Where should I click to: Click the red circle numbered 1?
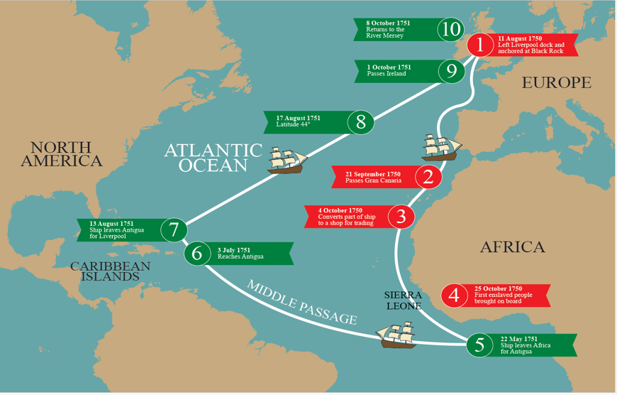pyautogui.click(x=480, y=45)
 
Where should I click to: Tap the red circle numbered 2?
pyautogui.click(x=428, y=176)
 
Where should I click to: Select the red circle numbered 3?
pyautogui.click(x=401, y=216)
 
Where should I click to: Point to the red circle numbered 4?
pyautogui.click(x=454, y=295)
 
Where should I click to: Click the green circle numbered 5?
pyautogui.click(x=480, y=345)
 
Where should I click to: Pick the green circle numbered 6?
pyautogui.click(x=197, y=253)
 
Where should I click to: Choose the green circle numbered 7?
pyautogui.click(x=174, y=230)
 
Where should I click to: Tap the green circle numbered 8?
pyautogui.click(x=361, y=122)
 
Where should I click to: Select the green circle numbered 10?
pyautogui.click(x=450, y=29)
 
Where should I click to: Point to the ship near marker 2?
pyautogui.click(x=441, y=146)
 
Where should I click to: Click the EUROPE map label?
pyautogui.click(x=556, y=83)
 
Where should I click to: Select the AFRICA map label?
pyautogui.click(x=512, y=247)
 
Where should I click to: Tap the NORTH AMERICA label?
pyautogui.click(x=61, y=154)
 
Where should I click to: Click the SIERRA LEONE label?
pyautogui.click(x=403, y=300)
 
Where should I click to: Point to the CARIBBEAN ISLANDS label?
pyautogui.click(x=110, y=271)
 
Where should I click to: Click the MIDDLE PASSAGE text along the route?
pyautogui.click(x=301, y=302)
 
